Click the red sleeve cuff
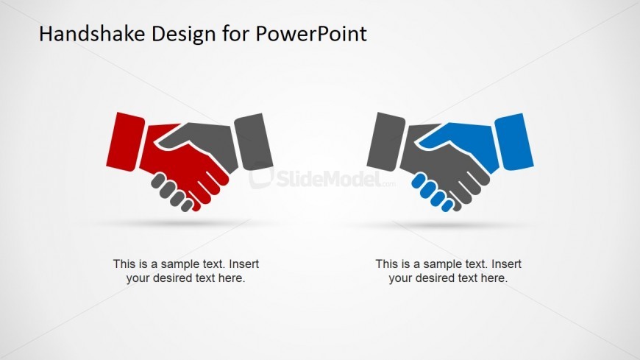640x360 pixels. [124, 141]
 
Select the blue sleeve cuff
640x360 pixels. [514, 141]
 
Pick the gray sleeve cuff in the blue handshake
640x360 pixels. [385, 141]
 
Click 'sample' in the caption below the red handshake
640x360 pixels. [174, 264]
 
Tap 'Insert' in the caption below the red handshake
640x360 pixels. [243, 264]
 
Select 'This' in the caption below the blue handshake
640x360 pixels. [387, 264]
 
